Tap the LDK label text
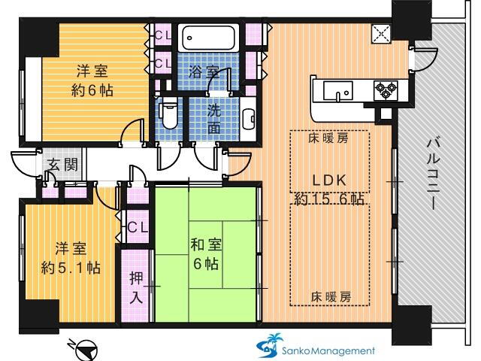click(329, 180)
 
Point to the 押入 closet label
click(136, 290)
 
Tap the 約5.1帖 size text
click(70, 267)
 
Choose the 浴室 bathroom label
click(204, 72)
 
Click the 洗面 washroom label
click(214, 117)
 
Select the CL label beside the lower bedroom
click(136, 226)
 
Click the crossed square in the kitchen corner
click(381, 32)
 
